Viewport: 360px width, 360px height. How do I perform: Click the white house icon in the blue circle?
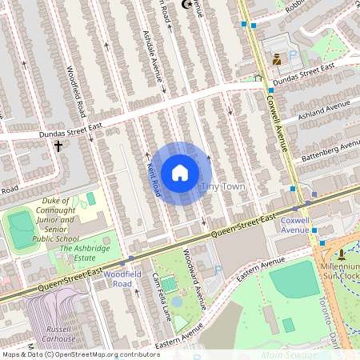tap(180, 173)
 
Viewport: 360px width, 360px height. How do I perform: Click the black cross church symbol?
tap(58, 146)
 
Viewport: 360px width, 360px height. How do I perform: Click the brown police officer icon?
tap(277, 59)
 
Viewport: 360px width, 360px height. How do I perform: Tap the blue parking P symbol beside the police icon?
tap(292, 55)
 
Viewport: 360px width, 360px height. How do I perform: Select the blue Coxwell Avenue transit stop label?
tap(294, 224)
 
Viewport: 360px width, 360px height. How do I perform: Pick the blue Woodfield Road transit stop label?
tap(117, 278)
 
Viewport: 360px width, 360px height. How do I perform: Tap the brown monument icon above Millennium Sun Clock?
tap(342, 254)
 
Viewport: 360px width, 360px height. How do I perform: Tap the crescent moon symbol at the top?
tap(188, 4)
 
